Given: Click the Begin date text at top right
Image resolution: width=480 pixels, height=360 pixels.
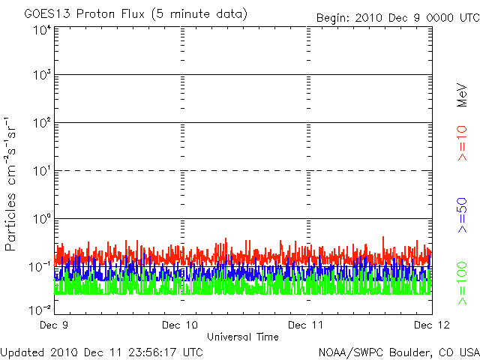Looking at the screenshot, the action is tap(398, 18).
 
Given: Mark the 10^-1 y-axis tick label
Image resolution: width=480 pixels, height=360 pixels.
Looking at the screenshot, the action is tap(40, 267).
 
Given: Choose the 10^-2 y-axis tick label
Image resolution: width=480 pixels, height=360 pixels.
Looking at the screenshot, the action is tap(40, 310).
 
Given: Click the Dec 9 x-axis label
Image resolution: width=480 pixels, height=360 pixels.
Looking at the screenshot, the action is tap(54, 325).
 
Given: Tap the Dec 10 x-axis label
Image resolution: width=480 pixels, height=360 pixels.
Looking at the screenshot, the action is tap(180, 325).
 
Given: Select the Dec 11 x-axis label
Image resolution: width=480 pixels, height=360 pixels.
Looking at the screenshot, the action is tap(306, 325).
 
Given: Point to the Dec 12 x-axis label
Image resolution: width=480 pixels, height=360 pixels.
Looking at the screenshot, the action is tap(432, 325).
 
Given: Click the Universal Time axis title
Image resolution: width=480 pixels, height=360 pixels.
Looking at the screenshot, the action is tap(243, 337).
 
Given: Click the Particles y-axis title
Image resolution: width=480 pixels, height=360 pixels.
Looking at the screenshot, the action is tap(10, 184).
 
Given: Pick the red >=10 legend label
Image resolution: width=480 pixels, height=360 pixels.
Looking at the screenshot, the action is tap(462, 143).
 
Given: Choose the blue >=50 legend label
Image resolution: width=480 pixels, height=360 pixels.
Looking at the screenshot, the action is tap(462, 215).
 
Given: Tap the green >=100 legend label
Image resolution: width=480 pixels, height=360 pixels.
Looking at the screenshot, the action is tap(462, 283).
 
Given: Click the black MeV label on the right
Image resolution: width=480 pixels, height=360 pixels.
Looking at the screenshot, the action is tap(462, 95).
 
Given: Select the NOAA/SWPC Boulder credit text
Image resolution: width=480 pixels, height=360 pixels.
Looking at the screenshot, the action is tap(399, 352).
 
